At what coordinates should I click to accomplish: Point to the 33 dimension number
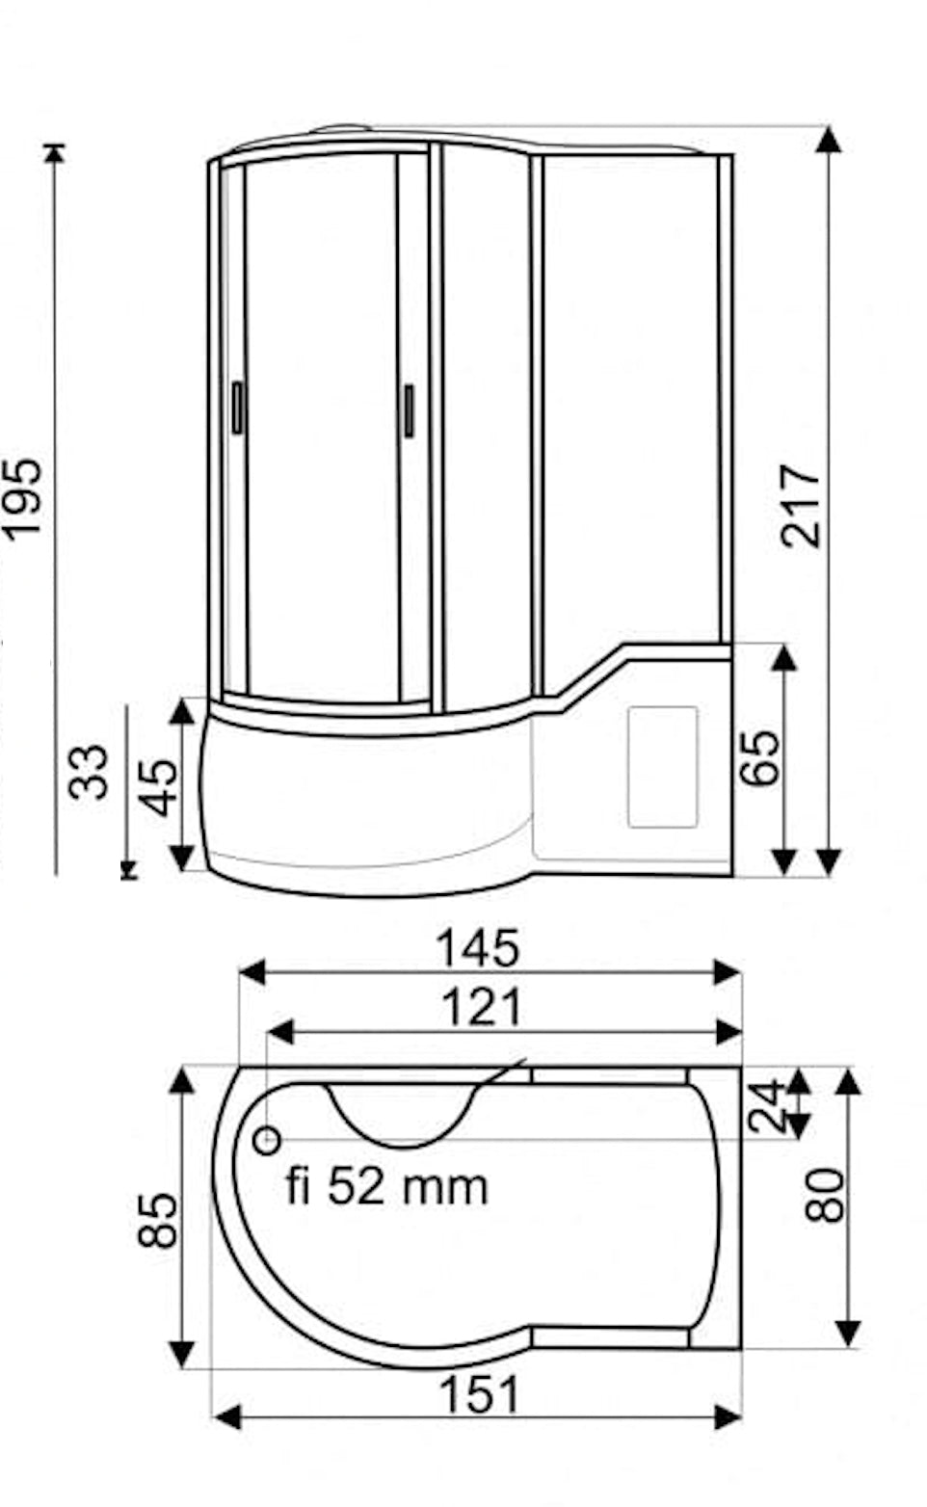91,771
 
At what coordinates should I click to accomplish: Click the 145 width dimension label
478,947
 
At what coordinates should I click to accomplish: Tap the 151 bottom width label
479,1394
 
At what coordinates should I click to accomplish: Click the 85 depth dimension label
157,1221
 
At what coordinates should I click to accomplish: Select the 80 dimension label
825,1196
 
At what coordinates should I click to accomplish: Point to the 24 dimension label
768,1105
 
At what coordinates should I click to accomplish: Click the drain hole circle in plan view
267,1141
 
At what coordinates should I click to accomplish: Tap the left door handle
238,408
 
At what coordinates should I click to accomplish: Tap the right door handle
409,410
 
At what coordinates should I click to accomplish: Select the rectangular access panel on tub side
662,766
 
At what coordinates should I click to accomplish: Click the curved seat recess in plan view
403,1118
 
